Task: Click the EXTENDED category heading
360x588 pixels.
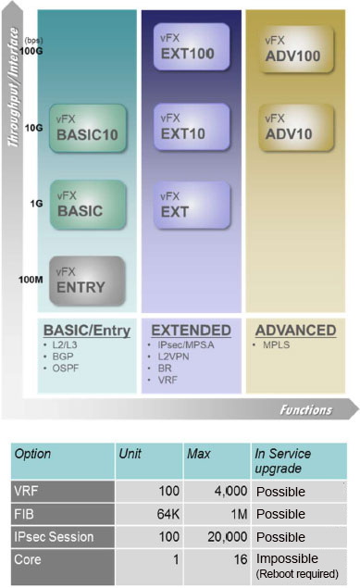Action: tap(191, 331)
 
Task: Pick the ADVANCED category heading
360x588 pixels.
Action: tap(295, 331)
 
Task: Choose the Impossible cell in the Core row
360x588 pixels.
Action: tap(287, 559)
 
